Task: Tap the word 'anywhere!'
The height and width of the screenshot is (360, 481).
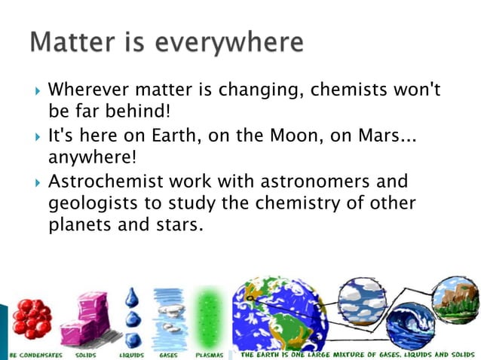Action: [x=90, y=159]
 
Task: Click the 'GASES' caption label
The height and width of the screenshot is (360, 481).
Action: [x=170, y=353]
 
